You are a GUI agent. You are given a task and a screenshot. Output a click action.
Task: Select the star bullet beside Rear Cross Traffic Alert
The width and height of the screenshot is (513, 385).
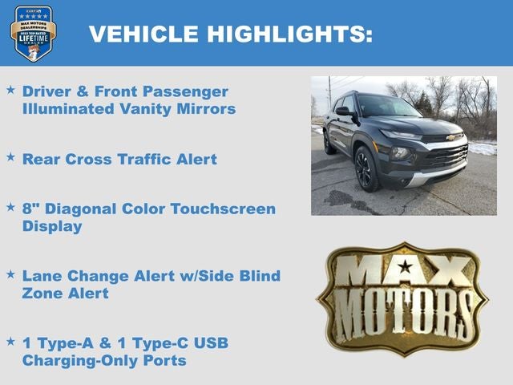(10, 157)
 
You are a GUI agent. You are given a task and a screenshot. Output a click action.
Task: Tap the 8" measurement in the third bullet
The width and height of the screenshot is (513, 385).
(30, 209)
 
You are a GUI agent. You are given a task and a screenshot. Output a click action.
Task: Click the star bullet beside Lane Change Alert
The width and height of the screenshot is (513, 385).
(10, 274)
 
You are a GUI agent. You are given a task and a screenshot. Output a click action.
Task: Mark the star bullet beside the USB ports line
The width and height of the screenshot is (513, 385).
(10, 342)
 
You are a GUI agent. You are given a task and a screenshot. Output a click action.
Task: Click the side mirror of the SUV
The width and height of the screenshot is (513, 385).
(343, 111)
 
